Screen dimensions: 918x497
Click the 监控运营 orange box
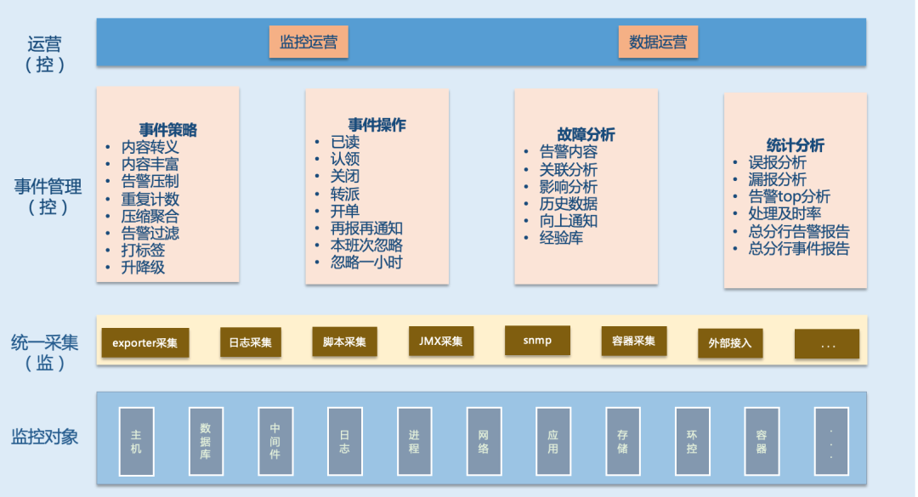(309, 42)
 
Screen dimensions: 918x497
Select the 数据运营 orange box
(658, 42)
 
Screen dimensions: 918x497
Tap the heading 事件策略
(168, 130)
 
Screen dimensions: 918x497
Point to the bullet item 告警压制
(150, 181)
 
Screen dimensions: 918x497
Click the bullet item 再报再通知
(366, 228)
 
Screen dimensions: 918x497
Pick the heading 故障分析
(586, 134)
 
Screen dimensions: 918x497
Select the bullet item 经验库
(561, 238)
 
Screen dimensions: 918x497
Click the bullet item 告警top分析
(790, 196)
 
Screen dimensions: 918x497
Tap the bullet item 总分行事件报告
(799, 248)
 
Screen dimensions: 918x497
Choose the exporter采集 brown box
(145, 342)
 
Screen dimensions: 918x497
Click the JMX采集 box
(441, 341)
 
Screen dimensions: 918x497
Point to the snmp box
(537, 340)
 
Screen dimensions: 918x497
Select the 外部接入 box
(729, 343)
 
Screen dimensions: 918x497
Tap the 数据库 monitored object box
(205, 441)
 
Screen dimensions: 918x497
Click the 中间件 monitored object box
(275, 441)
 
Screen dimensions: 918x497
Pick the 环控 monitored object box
(692, 441)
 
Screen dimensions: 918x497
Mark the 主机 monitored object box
(136, 441)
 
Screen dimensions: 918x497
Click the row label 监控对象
(45, 437)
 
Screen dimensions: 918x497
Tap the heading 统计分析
(795, 145)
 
